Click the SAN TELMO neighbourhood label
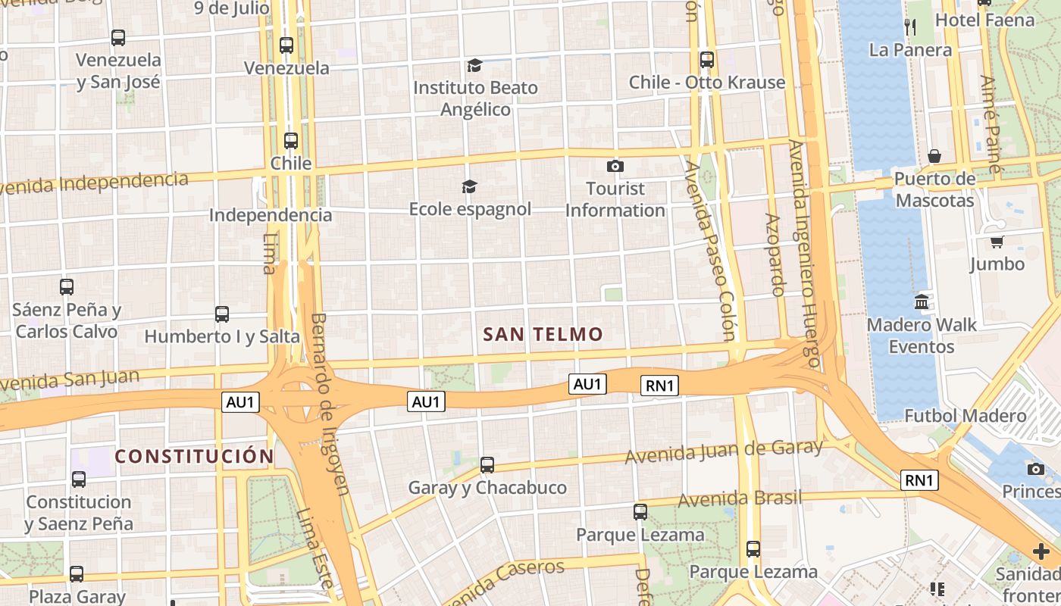coord(543,334)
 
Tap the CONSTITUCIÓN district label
coord(194,456)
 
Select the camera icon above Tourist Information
coord(615,166)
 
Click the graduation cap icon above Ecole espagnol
coord(470,186)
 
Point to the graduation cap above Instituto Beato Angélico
coord(475,65)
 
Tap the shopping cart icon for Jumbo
coord(997,242)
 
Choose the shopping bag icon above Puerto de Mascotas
coord(934,156)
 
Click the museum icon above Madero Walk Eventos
coord(922,301)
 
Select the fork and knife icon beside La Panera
coord(910,27)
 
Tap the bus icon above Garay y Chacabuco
coord(487,464)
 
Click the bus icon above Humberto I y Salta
coord(222,314)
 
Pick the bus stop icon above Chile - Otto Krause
coord(707,59)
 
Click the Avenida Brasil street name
coord(739,498)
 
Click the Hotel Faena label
coord(984,20)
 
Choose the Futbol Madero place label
coord(965,415)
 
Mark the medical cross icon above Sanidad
coord(1041,551)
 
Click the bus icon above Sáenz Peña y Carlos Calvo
coord(67,287)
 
